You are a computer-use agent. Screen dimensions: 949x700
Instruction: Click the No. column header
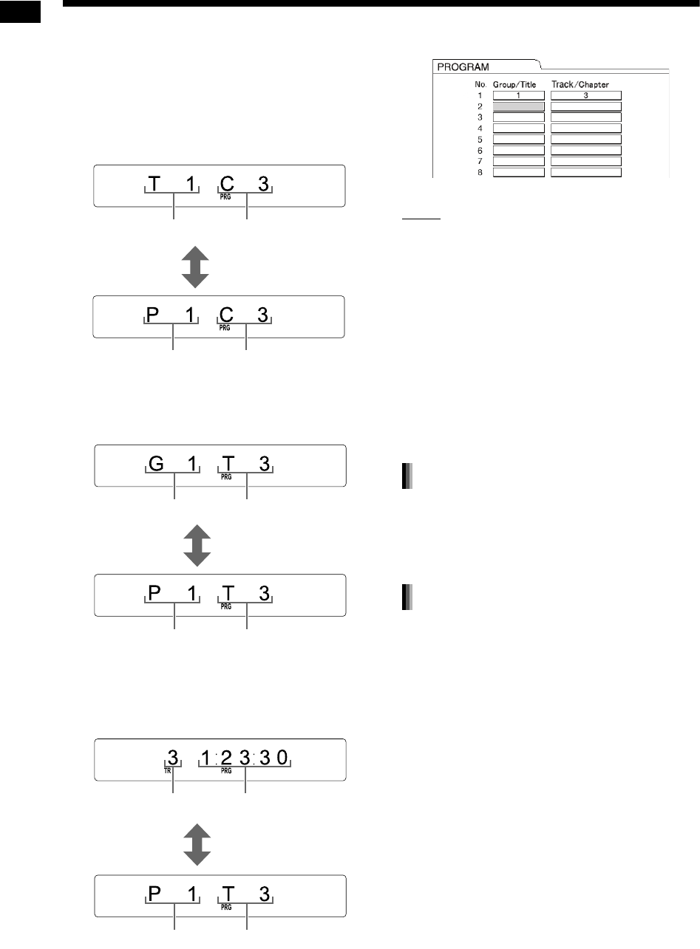click(x=480, y=85)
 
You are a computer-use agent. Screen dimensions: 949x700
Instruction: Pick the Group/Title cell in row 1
click(x=519, y=95)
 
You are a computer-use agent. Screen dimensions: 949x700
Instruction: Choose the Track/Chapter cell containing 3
click(x=586, y=95)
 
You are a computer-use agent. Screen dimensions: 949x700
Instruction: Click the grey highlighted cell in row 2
click(x=519, y=106)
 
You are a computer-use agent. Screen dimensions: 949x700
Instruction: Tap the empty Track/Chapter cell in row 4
click(x=586, y=129)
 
